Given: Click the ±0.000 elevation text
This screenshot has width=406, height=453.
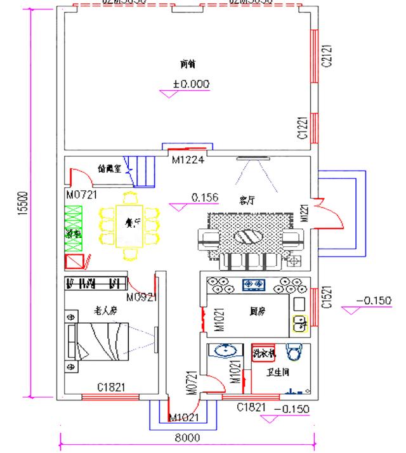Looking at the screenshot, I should pos(191,84).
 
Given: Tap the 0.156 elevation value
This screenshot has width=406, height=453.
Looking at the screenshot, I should pos(204,198).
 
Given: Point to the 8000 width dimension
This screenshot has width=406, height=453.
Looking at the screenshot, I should pos(187,438).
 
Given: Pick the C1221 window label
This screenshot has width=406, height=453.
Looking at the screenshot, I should pos(303,128).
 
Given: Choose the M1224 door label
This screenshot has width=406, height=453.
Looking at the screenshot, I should pos(188,160).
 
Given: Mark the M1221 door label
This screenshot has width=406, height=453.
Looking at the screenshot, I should pos(304,211).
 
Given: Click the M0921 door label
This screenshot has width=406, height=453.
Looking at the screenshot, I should pos(141,297).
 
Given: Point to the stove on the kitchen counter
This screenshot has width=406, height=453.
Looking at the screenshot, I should pos(254,284).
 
